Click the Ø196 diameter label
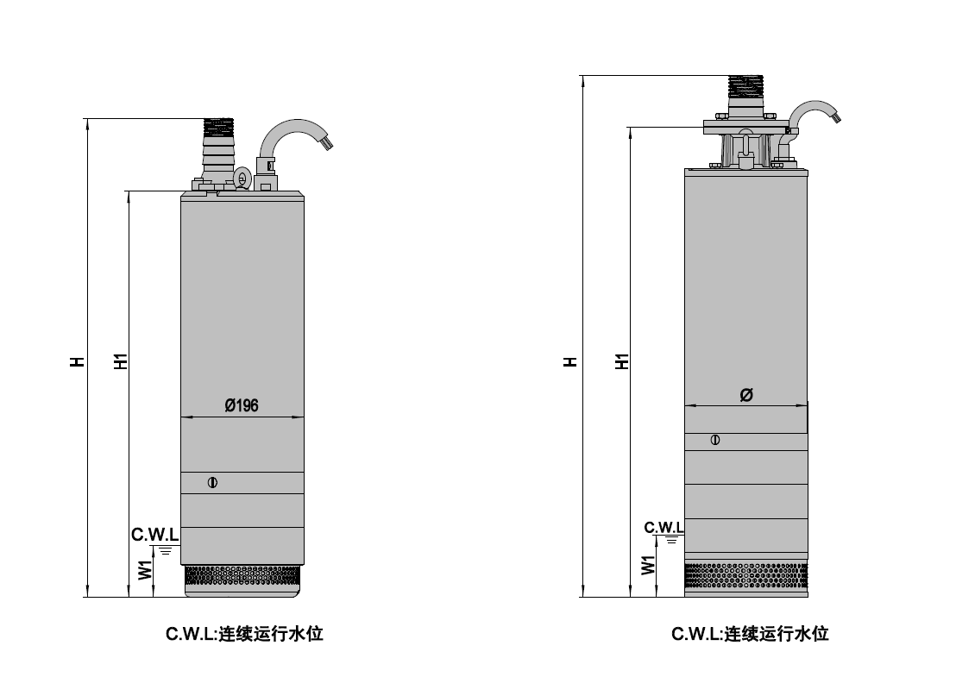242,405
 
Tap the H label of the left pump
77,360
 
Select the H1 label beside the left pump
121,360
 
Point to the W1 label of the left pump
145,570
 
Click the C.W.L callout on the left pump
154,535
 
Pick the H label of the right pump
570,361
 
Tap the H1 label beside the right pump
621,360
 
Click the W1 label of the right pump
648,565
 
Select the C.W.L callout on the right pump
664,527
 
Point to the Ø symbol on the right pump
746,395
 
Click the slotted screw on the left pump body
212,483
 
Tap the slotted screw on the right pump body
715,440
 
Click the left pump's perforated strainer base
242,580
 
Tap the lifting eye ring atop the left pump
242,179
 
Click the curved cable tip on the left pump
328,143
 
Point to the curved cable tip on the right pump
835,116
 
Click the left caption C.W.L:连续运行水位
244,634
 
